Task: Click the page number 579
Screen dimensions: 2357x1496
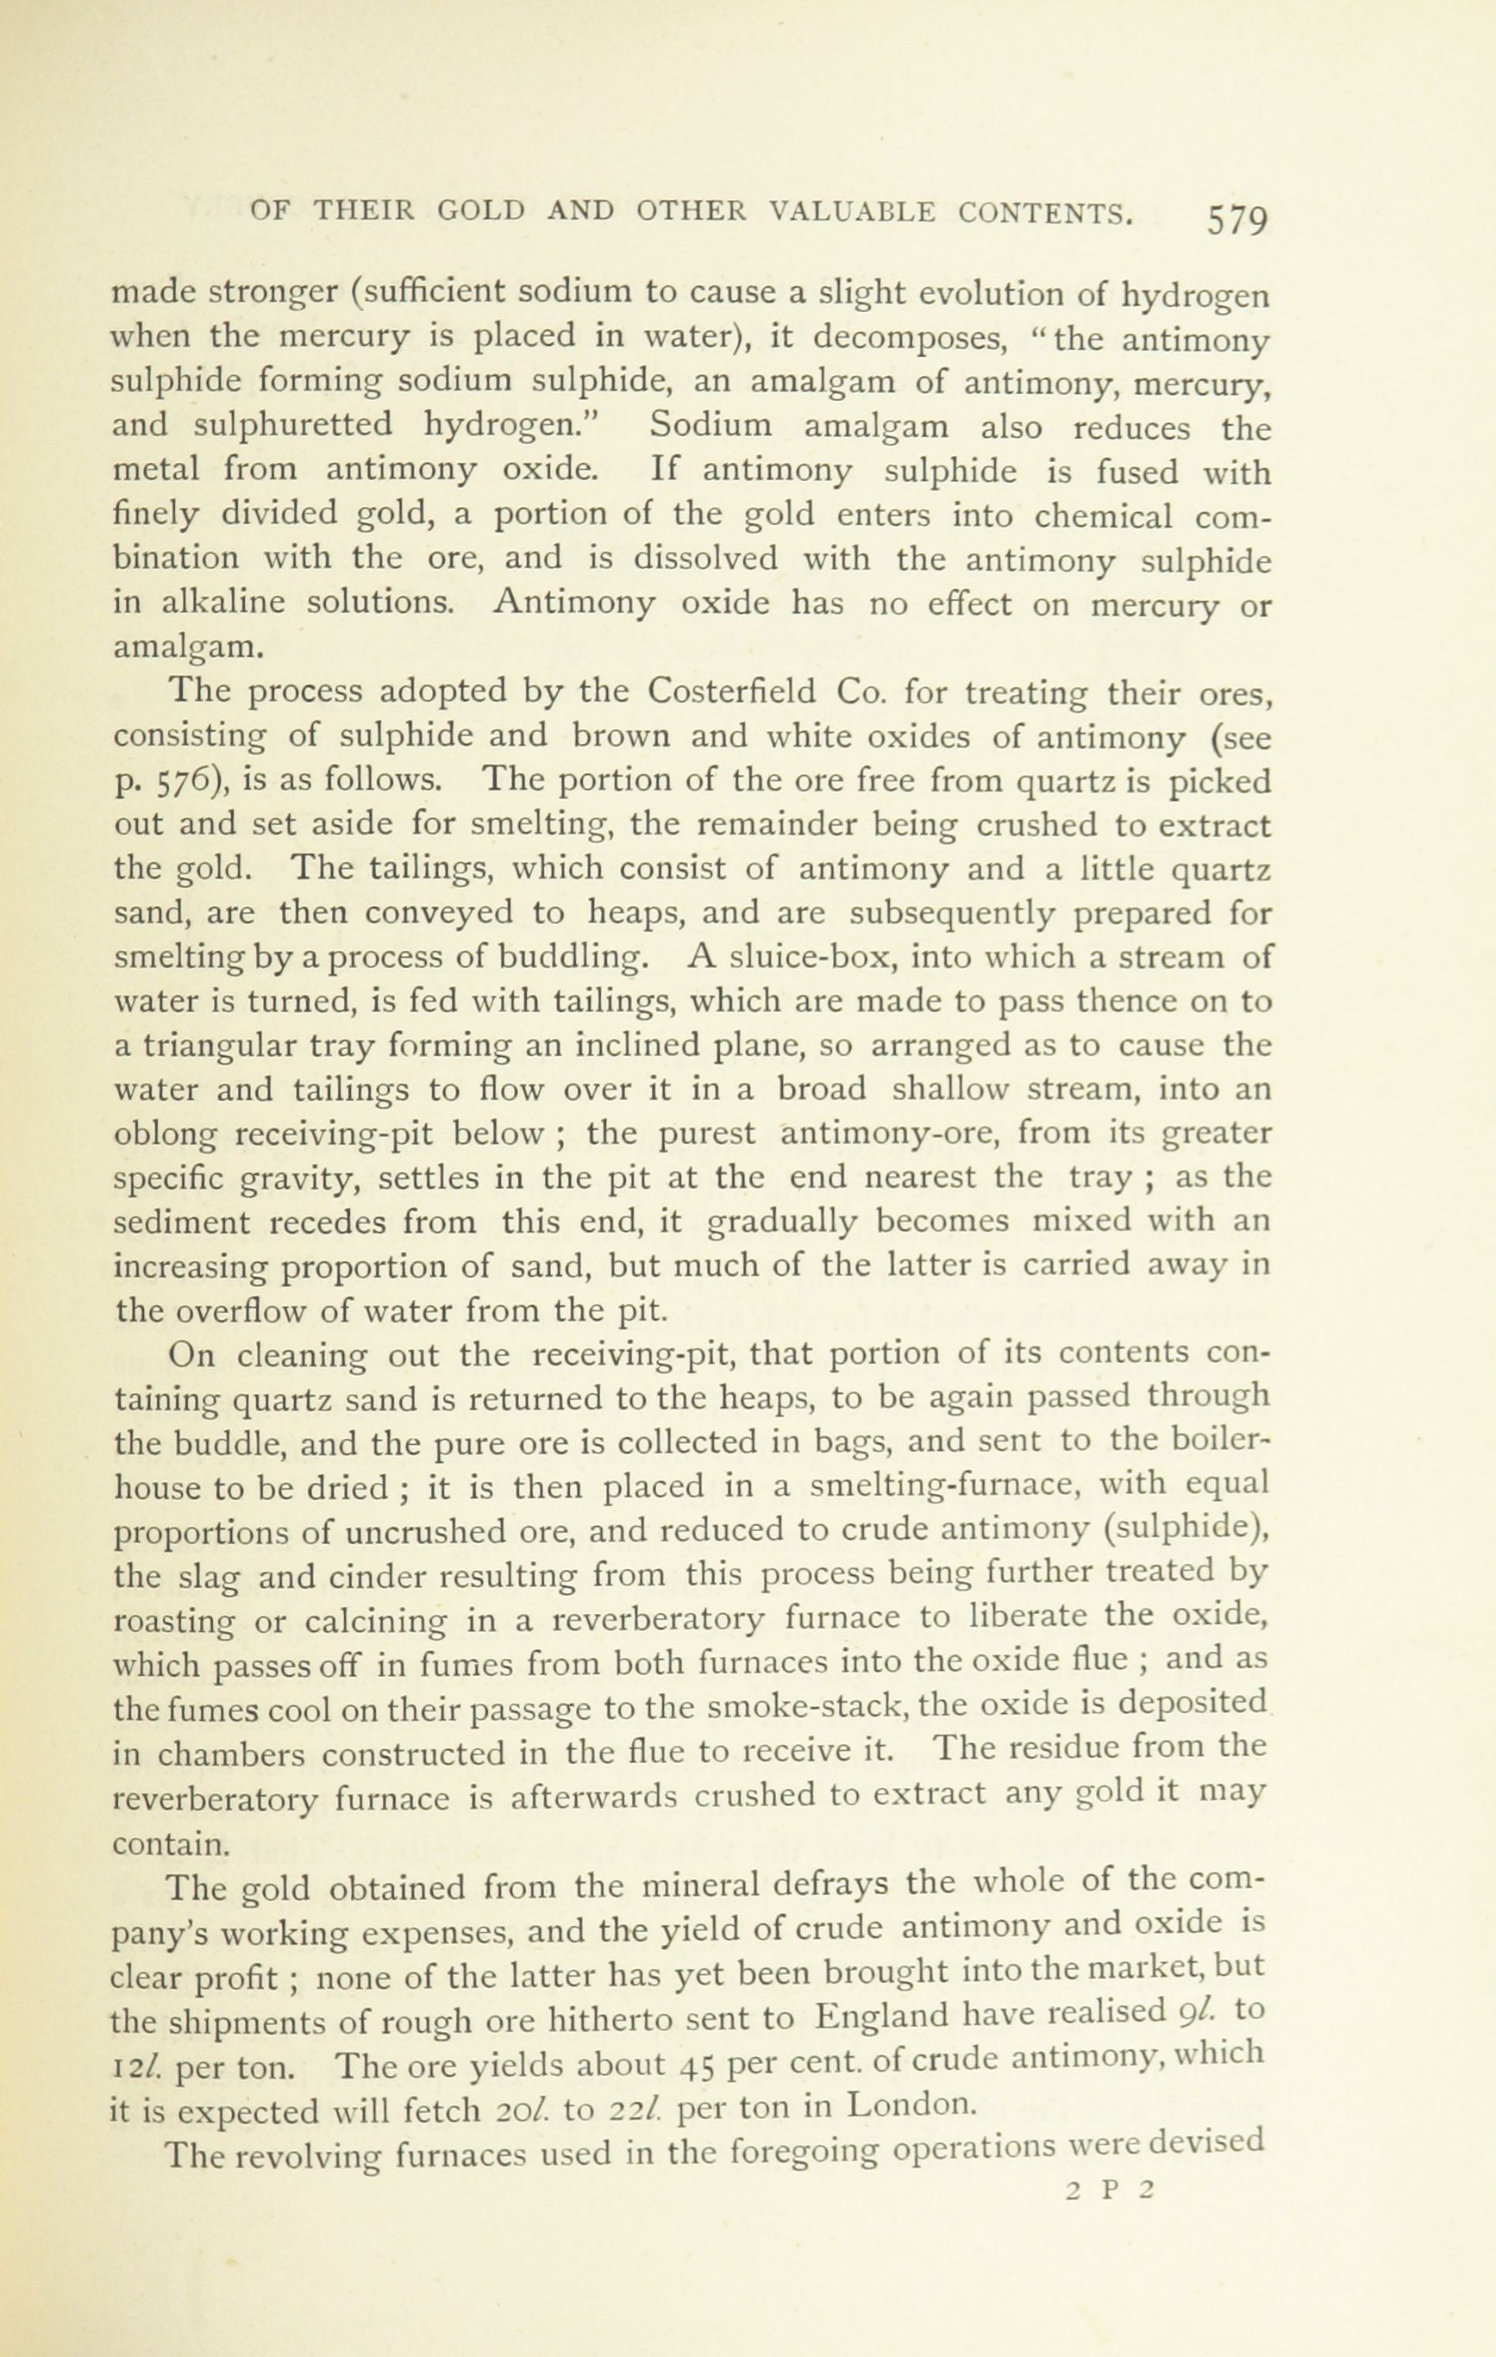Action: (x=1237, y=219)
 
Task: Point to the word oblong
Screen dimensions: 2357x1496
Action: (x=168, y=1135)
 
